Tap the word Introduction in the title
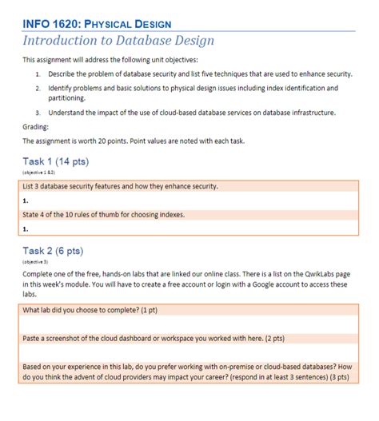(x=63, y=41)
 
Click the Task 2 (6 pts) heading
(x=53, y=251)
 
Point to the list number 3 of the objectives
(x=38, y=113)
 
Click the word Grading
(x=35, y=126)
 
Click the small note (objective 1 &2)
(x=39, y=173)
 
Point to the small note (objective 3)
(x=36, y=262)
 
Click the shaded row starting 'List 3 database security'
(x=120, y=186)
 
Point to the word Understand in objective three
(x=67, y=113)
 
